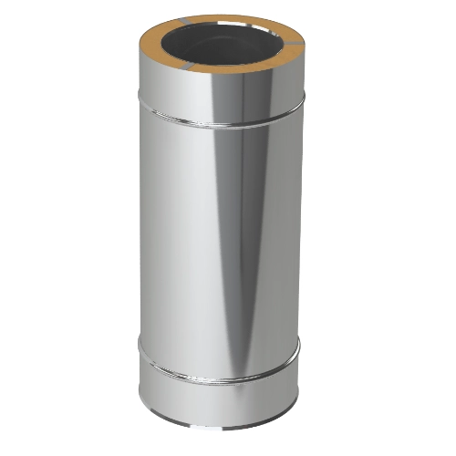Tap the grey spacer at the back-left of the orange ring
[x=180, y=26]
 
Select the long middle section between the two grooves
[x=182, y=246]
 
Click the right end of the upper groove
[x=303, y=107]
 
